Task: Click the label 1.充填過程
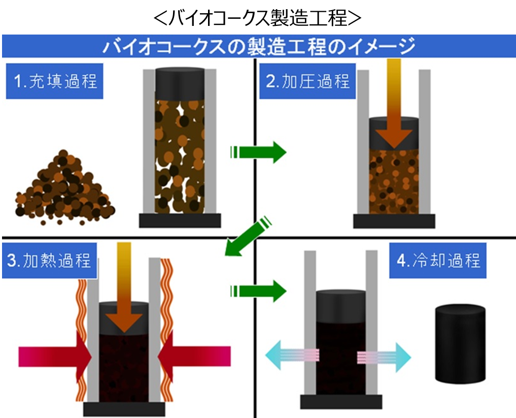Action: click(x=55, y=81)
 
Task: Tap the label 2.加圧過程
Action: click(x=307, y=81)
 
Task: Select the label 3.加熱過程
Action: click(x=49, y=261)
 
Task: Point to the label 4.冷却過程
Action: click(x=438, y=261)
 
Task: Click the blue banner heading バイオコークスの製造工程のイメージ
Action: click(x=259, y=46)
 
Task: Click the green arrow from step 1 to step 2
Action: click(x=258, y=152)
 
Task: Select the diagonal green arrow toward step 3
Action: click(x=249, y=236)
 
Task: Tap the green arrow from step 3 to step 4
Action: click(x=258, y=291)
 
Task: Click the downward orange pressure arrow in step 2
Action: click(x=394, y=104)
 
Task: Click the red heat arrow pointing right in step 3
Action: click(x=55, y=357)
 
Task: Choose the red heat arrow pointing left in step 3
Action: click(x=194, y=357)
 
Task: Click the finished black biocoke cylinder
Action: click(x=460, y=344)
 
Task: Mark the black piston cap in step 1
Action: click(x=180, y=83)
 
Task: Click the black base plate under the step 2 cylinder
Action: click(x=394, y=221)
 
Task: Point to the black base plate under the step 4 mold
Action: click(x=341, y=402)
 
